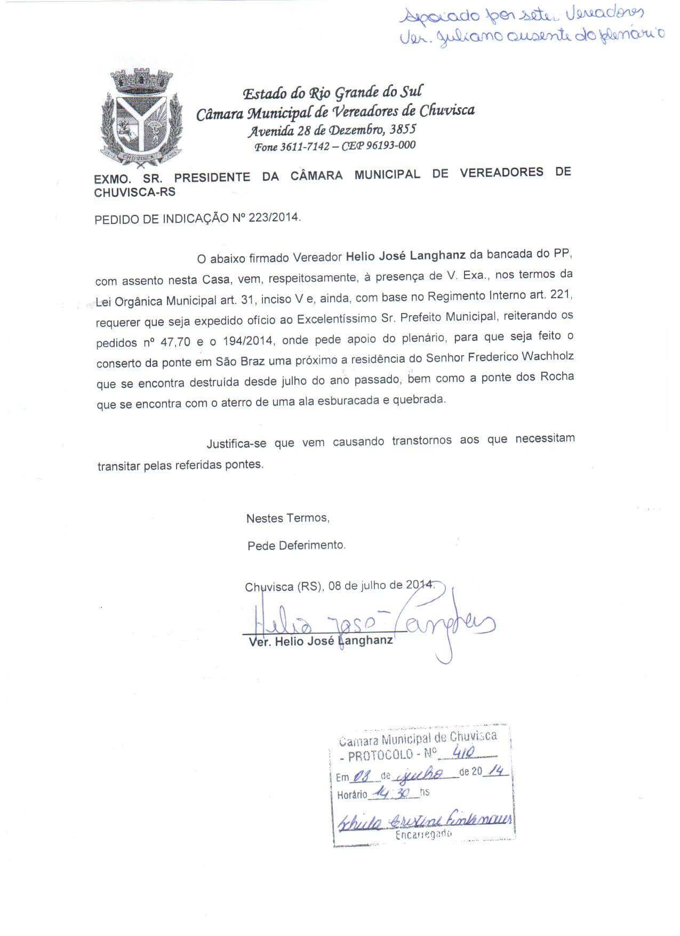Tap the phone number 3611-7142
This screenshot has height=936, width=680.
(x=305, y=147)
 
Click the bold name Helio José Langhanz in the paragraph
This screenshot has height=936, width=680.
(x=405, y=255)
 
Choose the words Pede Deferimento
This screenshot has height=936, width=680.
(x=297, y=545)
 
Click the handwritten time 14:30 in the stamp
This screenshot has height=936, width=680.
(x=391, y=794)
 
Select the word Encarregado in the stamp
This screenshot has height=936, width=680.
(x=423, y=835)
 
